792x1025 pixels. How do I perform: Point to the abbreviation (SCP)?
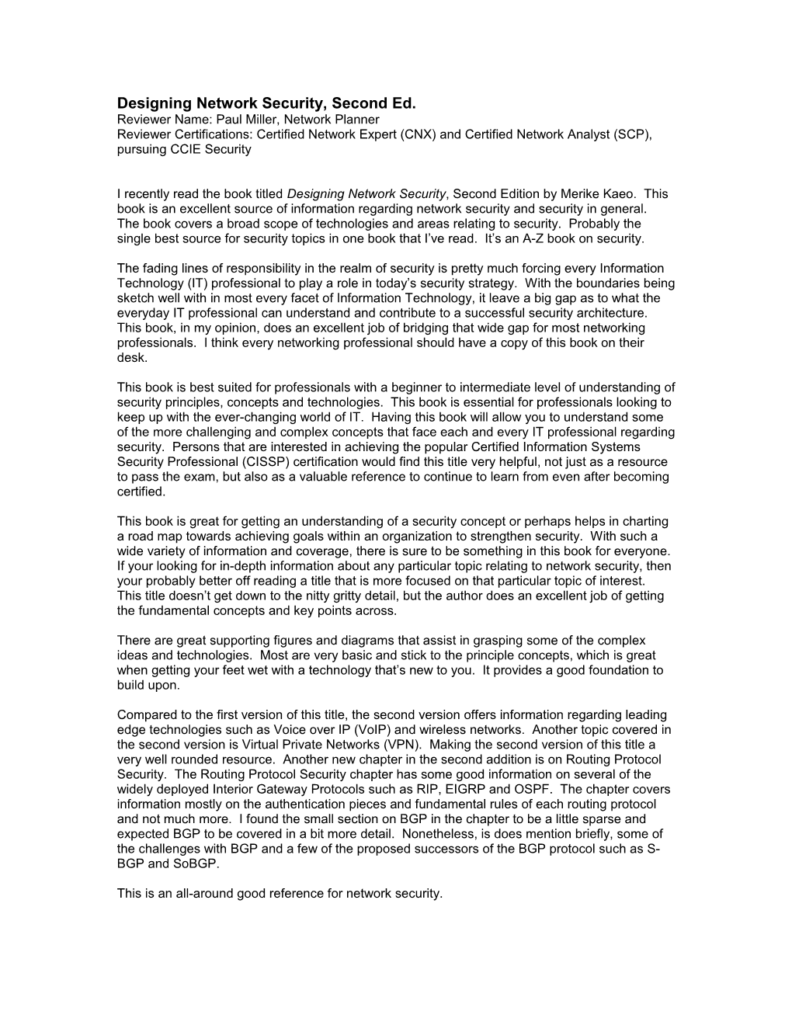[632, 134]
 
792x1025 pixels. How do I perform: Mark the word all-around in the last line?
[203, 894]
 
